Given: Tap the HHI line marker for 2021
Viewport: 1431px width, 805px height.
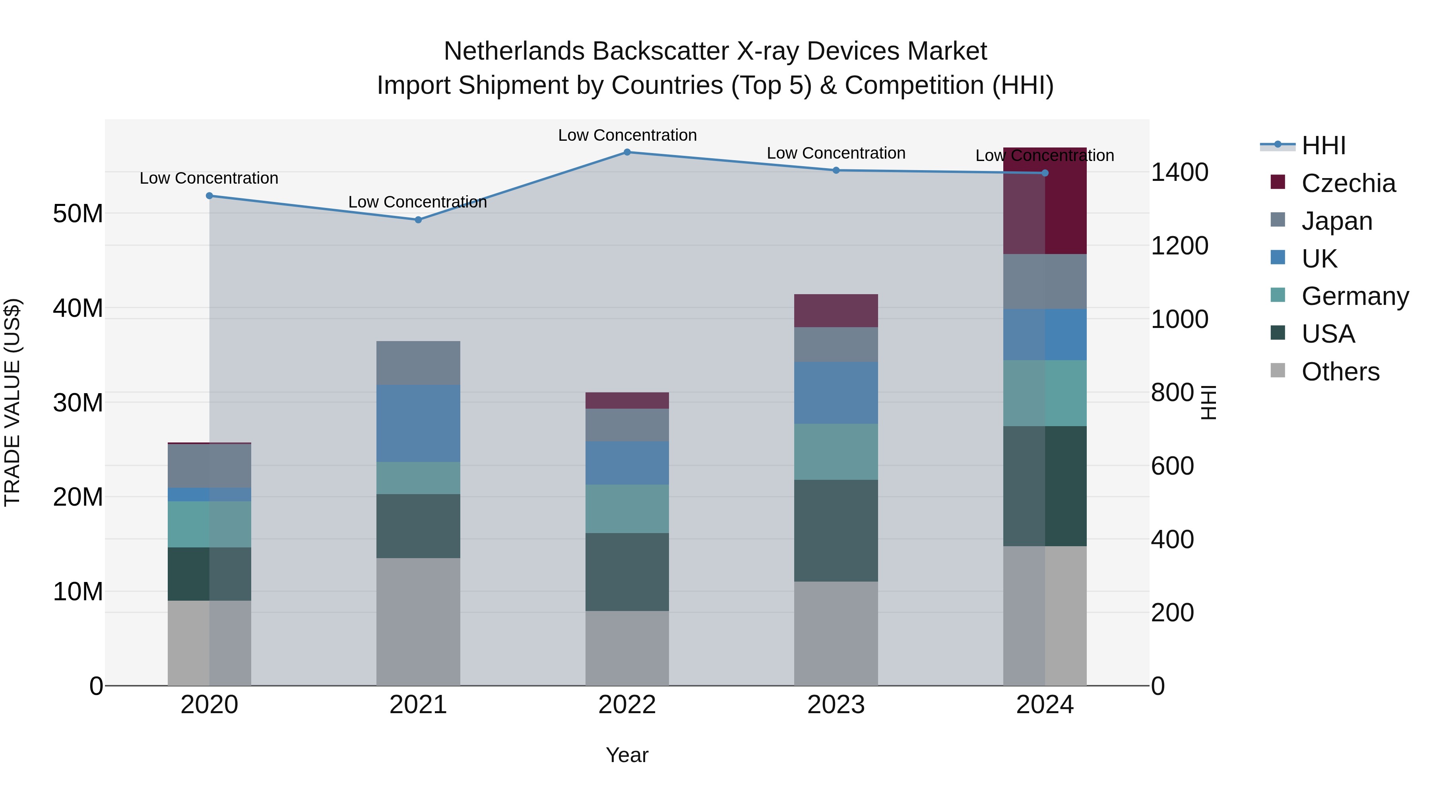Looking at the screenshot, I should [418, 219].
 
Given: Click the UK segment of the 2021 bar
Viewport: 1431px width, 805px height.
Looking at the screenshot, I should [418, 423].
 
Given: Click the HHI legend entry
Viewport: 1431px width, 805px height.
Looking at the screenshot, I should [1323, 145].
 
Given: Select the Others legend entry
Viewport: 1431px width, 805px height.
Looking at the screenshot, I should [1340, 371].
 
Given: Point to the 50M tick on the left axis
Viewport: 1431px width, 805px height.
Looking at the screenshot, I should [78, 213].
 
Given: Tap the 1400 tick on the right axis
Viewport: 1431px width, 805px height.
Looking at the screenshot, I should [1179, 172].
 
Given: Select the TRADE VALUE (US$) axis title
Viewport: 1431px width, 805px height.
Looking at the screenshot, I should [12, 402].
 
